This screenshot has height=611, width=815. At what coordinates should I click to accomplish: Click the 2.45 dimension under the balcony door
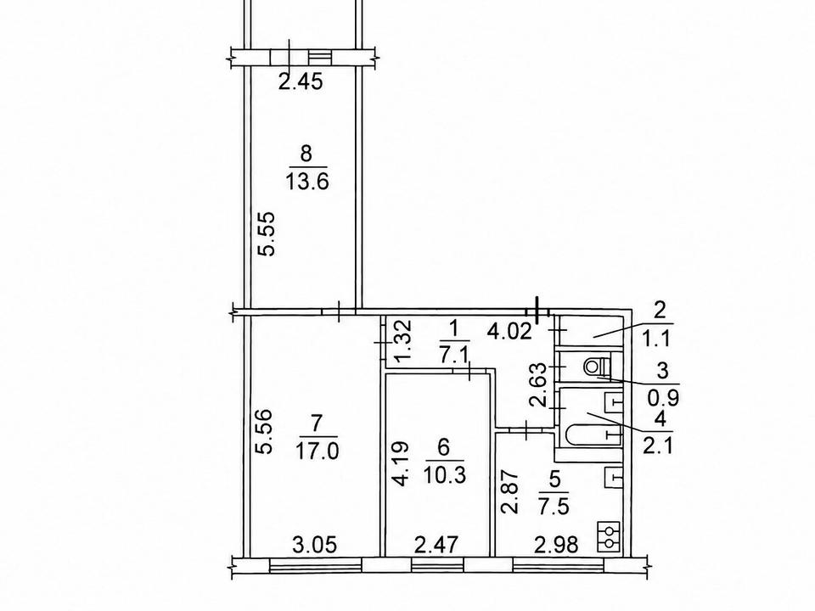pos(301,81)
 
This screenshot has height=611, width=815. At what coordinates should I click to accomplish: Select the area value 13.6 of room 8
pos(306,182)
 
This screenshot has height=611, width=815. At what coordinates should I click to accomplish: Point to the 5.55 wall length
pos(268,233)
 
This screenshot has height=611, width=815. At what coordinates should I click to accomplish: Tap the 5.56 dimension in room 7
pos(265,433)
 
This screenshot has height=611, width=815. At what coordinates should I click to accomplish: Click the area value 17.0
pos(317,451)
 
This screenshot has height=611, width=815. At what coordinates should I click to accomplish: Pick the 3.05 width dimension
pos(315,545)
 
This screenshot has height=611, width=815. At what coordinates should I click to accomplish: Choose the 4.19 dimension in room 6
pos(402,464)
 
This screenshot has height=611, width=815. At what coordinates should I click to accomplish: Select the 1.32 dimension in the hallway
pos(404,341)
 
